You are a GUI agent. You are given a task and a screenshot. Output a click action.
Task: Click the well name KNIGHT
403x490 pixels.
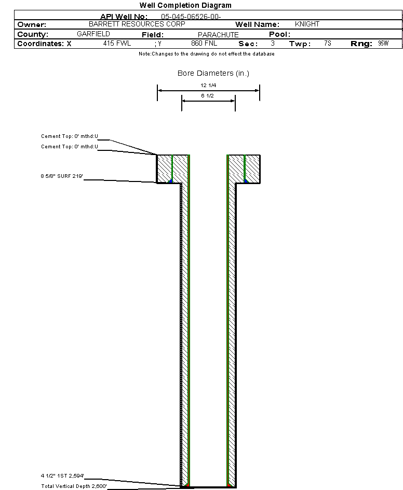tap(307, 24)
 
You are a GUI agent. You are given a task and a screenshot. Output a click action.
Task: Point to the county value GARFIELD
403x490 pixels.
tap(93, 34)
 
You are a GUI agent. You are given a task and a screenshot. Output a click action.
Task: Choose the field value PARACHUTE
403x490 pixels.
tap(218, 35)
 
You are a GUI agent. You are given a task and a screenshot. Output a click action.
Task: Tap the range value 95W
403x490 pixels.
tap(383, 44)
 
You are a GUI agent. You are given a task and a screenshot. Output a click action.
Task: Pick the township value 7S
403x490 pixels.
tap(327, 44)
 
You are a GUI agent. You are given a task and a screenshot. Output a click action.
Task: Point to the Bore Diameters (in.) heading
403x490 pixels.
tap(213, 73)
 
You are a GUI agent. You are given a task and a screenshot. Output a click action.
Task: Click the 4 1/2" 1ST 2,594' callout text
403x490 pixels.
tap(62, 475)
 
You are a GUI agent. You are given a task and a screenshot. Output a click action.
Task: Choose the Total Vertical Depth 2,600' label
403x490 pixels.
tap(74, 486)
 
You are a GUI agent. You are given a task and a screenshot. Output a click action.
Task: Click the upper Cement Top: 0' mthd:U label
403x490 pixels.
tap(70, 136)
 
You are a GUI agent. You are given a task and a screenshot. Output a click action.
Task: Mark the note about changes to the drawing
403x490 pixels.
tap(206, 54)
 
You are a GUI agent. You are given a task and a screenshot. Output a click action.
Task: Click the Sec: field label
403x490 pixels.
tap(248, 44)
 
